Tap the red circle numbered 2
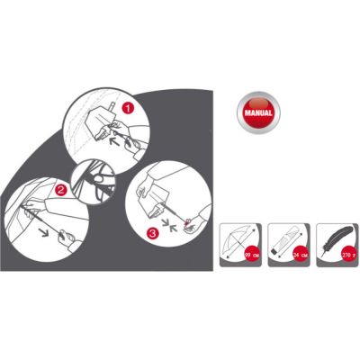tap(59, 190)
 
